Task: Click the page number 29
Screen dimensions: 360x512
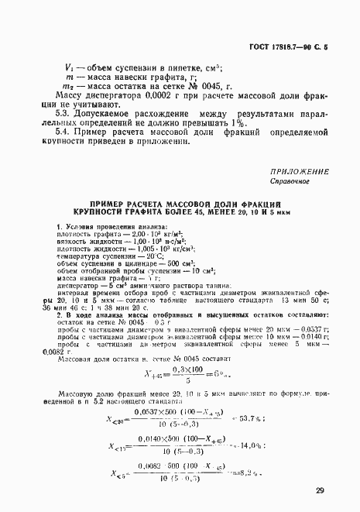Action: pos(320,490)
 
